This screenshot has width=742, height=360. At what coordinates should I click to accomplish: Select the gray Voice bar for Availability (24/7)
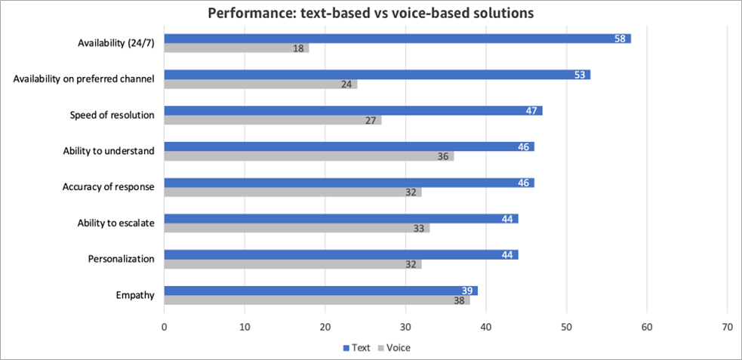point(236,48)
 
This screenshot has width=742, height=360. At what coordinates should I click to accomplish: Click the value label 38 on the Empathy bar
point(459,300)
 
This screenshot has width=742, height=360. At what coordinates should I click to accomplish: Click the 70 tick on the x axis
point(727,328)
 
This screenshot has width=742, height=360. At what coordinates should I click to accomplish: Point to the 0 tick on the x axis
point(165,328)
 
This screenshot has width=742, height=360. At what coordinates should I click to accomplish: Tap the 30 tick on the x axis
point(405,328)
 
